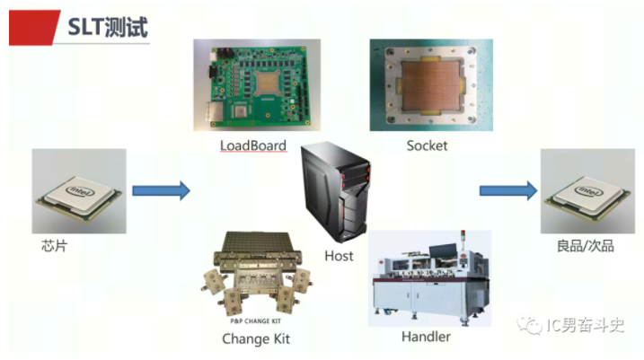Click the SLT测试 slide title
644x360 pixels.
pyautogui.click(x=108, y=26)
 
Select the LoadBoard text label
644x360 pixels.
pyautogui.click(x=253, y=145)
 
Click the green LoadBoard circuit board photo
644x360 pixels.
pyautogui.click(x=257, y=85)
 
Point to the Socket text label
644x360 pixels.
pyautogui.click(x=427, y=145)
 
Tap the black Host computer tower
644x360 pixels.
pyautogui.click(x=335, y=189)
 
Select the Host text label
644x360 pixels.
pyautogui.click(x=339, y=256)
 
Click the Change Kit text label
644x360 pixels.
pyautogui.click(x=256, y=338)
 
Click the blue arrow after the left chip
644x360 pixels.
pyautogui.click(x=162, y=189)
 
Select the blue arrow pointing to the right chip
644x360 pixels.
pyautogui.click(x=507, y=189)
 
